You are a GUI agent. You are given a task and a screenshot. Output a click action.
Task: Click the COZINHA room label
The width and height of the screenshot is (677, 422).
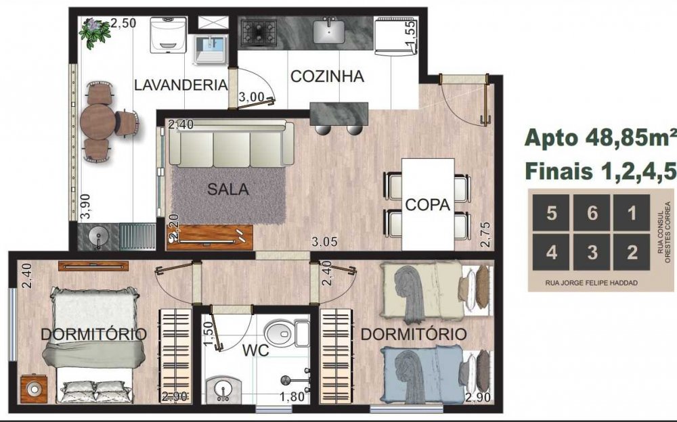tap(327, 76)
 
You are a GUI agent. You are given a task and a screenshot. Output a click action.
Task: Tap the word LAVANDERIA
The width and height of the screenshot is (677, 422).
tap(181, 85)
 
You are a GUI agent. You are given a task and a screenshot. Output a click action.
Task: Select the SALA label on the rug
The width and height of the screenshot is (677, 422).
tap(228, 189)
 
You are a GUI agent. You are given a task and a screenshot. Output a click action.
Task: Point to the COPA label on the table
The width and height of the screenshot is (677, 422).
tap(427, 204)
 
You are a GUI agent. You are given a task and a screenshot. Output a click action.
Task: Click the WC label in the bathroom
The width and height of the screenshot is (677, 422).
tap(256, 350)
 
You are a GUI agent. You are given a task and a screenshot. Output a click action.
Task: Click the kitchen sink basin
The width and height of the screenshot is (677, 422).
tap(329, 31)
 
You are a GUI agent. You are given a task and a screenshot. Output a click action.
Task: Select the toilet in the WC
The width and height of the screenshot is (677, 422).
tap(286, 333)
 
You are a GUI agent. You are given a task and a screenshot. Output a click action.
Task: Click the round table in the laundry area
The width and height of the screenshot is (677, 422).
tap(97, 121)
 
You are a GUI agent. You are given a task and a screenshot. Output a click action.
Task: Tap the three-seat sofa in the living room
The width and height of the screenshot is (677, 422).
tap(231, 144)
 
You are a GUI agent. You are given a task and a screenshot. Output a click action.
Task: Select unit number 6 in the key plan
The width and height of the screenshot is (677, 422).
tap(592, 213)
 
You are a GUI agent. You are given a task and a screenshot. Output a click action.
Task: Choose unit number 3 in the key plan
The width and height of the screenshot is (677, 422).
tap(592, 252)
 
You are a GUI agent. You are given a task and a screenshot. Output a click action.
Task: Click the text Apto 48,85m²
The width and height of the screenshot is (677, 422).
tap(600, 138)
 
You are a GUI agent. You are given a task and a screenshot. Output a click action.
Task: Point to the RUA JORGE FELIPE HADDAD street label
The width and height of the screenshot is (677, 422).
tap(592, 283)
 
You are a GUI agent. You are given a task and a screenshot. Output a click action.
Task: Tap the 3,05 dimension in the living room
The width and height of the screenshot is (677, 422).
tap(325, 241)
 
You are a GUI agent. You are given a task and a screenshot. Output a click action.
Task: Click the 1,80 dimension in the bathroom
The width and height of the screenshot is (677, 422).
tap(292, 396)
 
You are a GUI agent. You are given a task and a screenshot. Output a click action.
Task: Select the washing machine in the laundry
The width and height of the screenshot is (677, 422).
tap(169, 35)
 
